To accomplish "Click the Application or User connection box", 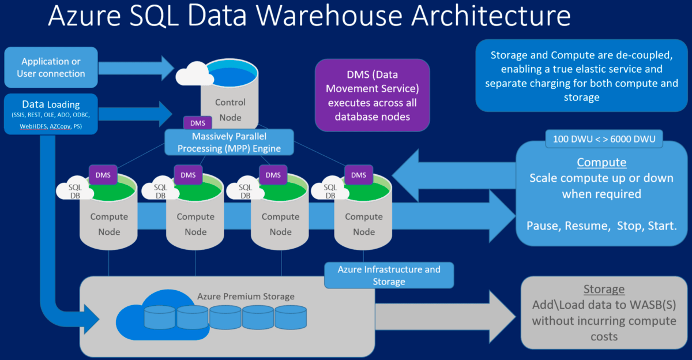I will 51,67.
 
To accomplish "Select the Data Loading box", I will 51,114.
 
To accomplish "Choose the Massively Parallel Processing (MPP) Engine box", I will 229,142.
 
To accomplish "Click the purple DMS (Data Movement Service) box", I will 372,96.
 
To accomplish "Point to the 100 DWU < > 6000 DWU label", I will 604,138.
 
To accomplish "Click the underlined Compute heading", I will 601,162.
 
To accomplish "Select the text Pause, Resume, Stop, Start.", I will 601,225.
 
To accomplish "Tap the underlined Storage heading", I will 604,289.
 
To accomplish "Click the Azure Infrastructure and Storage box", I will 389,275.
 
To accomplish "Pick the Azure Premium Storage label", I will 246,297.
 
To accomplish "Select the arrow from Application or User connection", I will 138,67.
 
